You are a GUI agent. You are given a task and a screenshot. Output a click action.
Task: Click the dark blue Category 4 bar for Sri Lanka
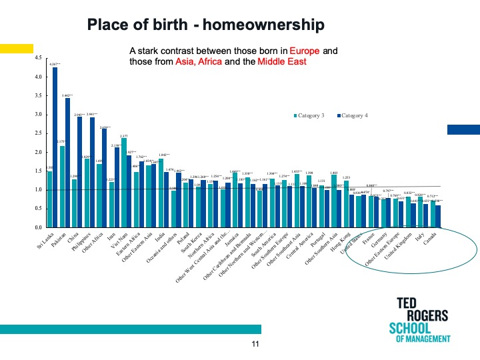55,147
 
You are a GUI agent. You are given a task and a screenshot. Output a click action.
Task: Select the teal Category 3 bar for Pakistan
62,187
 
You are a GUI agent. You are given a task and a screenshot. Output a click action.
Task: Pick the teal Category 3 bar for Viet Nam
123,183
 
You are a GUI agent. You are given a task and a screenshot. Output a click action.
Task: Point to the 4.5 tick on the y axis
37,58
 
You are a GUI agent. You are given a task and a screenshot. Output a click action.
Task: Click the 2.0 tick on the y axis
37,152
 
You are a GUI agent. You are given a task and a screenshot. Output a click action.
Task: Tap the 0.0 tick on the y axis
37,227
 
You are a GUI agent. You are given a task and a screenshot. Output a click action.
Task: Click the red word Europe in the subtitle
305,51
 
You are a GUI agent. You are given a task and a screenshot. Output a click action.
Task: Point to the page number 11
254,343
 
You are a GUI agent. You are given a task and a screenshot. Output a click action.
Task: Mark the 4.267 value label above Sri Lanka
55,64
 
